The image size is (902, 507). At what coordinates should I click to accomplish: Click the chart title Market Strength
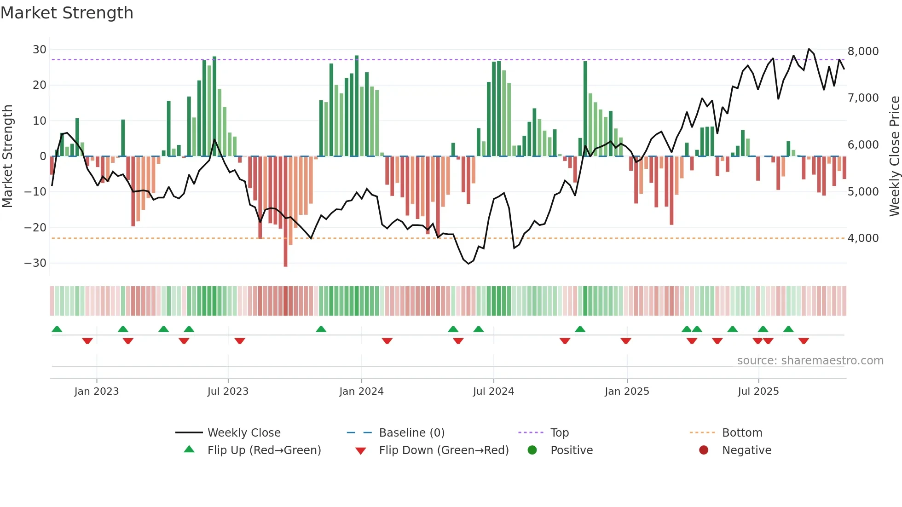pos(67,13)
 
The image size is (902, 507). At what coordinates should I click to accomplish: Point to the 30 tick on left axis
pos(39,50)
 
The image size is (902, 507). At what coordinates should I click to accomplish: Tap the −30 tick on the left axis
pos(35,263)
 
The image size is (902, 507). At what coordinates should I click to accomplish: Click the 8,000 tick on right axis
pos(863,51)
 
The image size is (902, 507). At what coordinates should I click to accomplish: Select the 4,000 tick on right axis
pos(863,238)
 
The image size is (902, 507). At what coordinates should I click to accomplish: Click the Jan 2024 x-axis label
pos(361,392)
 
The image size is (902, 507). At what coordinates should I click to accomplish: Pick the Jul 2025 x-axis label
pos(758,392)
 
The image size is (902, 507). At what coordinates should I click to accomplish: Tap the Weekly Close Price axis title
pos(894,156)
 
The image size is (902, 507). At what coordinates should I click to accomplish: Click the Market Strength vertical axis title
pos(7,156)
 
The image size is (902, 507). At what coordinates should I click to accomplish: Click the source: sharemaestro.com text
pos(810,361)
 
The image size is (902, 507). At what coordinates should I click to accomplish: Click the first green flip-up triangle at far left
pos(57,329)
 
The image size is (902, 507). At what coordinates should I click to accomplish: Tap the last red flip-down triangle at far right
pos(804,341)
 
